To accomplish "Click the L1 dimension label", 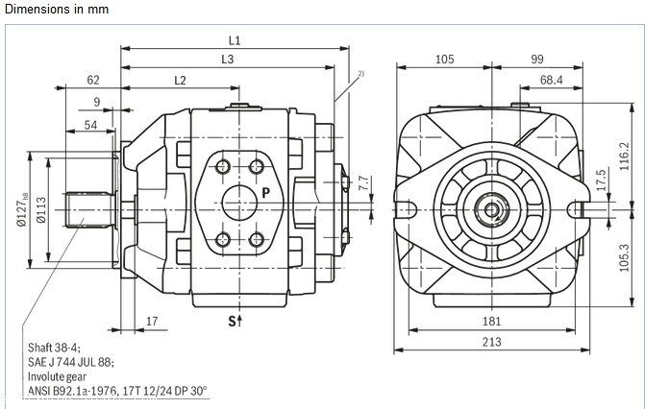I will [x=234, y=40].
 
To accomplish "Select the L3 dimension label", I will [x=227, y=60].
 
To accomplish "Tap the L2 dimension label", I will [x=180, y=80].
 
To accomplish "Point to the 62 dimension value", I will [x=93, y=80].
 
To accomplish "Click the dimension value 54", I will [x=90, y=125].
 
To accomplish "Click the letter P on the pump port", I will [x=265, y=192].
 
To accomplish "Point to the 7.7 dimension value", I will [x=363, y=182].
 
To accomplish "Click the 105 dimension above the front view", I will [x=444, y=60].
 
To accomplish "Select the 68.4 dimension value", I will [x=551, y=80].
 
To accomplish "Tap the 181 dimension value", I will [x=491, y=321].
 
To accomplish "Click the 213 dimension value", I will [x=491, y=342].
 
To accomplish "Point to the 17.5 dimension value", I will [x=601, y=180].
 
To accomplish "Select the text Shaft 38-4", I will [x=53, y=347].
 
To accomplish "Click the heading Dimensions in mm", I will [x=57, y=9].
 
